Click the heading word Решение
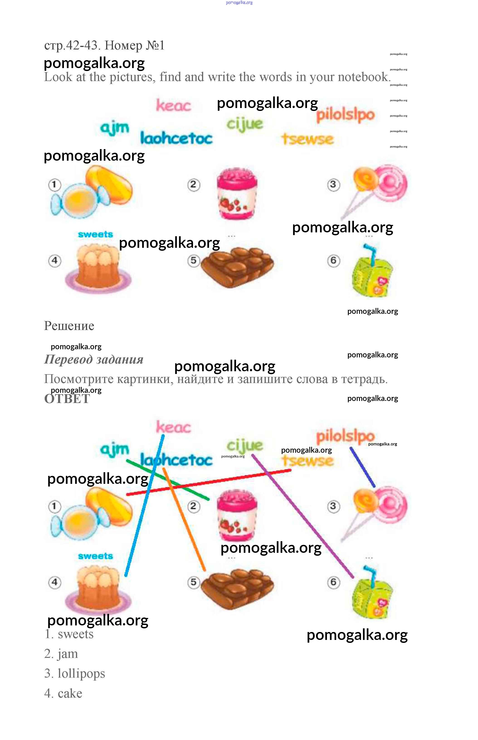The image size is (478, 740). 69,326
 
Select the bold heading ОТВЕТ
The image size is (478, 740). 67,399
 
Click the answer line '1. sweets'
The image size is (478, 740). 69,634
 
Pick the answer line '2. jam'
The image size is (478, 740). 61,654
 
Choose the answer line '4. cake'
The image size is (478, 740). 63,693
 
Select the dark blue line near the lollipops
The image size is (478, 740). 363,467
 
